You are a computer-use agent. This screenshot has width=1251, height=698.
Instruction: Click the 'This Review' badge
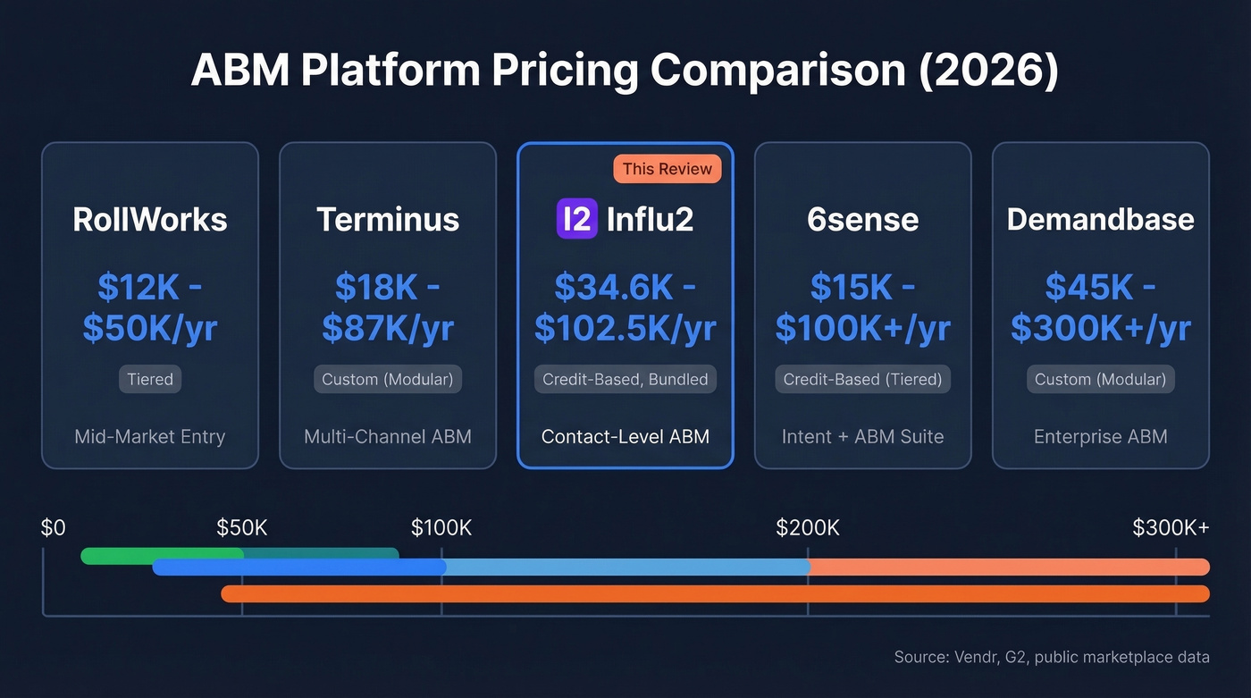coord(667,169)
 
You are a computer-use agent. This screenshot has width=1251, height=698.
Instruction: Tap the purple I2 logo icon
coord(576,219)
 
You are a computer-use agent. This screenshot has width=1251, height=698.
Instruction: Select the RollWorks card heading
coord(150,219)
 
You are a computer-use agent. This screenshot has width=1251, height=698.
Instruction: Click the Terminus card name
coord(388,219)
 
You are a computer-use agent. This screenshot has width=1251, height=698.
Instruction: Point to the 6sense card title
coord(862,219)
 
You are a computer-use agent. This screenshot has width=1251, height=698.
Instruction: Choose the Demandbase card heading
coord(1100,219)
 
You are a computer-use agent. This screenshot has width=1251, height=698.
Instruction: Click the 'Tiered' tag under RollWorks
coord(150,379)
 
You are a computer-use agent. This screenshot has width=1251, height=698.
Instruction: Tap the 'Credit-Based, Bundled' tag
coord(625,379)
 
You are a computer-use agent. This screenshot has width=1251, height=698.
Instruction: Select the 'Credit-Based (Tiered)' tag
coord(862,379)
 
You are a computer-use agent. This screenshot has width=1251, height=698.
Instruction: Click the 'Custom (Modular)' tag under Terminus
coord(388,379)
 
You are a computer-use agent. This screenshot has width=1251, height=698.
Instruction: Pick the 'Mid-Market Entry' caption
coord(150,437)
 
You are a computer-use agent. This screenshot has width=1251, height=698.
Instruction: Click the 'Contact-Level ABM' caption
coord(625,437)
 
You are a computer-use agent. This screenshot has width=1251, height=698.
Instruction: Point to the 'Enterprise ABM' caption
coord(1100,437)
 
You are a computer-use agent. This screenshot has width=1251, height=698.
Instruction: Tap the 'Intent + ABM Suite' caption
coord(862,437)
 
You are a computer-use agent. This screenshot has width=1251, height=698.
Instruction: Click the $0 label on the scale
coord(54,528)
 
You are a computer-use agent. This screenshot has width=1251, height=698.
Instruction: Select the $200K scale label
coord(808,528)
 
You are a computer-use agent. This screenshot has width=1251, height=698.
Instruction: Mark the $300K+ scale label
coord(1171,528)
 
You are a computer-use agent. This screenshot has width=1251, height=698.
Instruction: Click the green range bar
coord(161,555)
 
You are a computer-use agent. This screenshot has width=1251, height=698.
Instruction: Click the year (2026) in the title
coord(988,71)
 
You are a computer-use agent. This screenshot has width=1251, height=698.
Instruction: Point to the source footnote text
coord(1052,658)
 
